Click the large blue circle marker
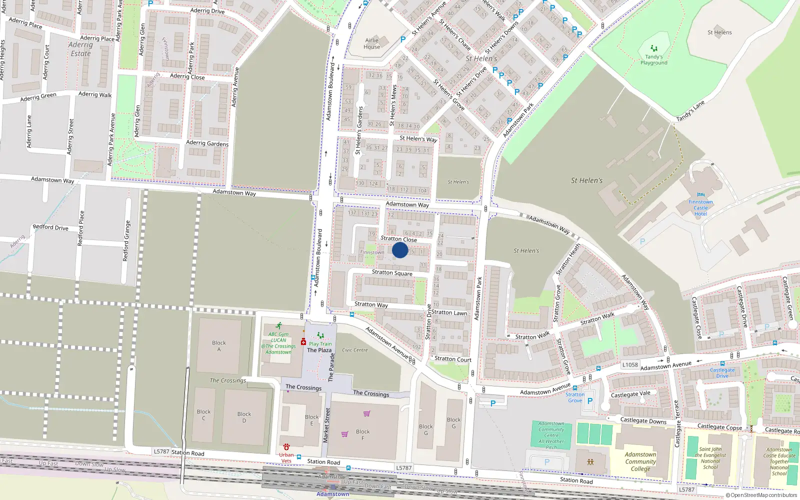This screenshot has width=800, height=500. [400, 250]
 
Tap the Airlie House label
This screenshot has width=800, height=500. [371, 43]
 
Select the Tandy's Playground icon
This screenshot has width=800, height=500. [653, 49]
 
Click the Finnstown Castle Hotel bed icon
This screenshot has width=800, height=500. [700, 195]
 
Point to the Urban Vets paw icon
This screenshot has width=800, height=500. [286, 446]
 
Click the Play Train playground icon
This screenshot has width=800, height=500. [320, 336]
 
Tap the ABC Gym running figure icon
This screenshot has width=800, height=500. [279, 326]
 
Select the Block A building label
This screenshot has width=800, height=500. [218, 346]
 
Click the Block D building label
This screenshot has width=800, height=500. [244, 417]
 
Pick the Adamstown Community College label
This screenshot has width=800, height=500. [640, 461]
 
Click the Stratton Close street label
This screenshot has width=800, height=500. [398, 239]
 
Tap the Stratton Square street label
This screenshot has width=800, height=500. [392, 272]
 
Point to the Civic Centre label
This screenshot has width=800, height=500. [355, 350]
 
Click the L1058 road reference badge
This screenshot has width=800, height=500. [630, 365]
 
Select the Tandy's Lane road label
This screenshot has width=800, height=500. [690, 111]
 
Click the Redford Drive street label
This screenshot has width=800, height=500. [50, 227]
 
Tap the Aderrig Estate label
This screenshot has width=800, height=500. [80, 49]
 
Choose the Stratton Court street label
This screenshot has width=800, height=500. [453, 359]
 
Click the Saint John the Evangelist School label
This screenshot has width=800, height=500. [710, 458]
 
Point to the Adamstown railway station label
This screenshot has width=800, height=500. [333, 494]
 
